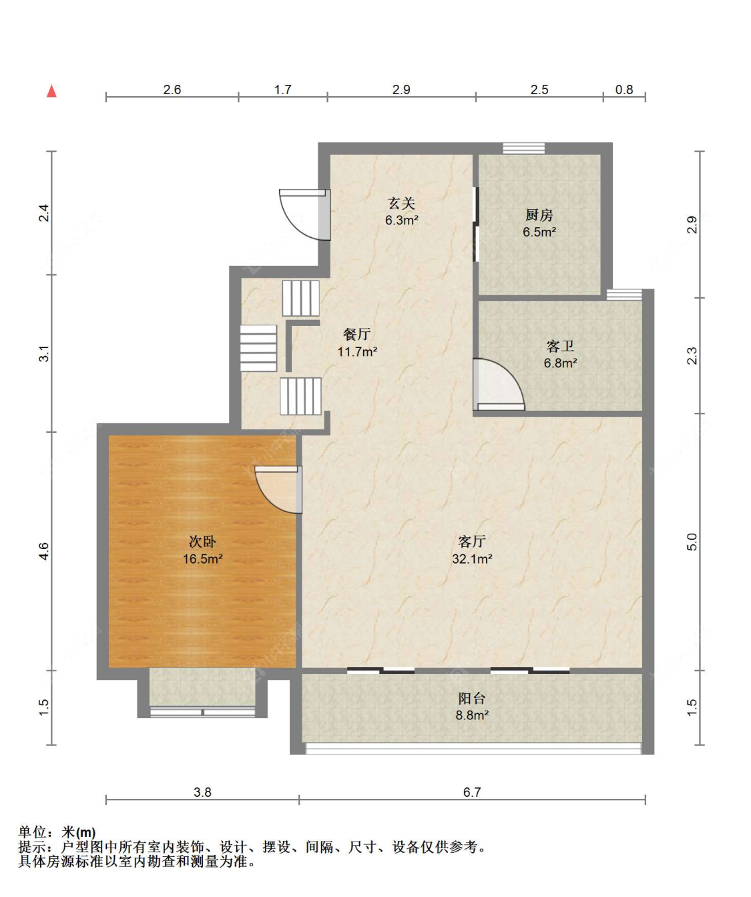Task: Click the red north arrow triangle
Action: [51, 91]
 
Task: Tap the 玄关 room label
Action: [401, 203]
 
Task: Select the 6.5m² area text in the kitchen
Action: [539, 232]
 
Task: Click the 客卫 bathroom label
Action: [560, 346]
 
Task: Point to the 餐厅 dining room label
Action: [357, 334]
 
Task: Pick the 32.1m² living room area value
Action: [472, 558]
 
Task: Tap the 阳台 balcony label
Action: [471, 698]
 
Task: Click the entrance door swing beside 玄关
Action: [304, 215]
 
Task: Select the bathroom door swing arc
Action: [499, 384]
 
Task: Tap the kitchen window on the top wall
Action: [524, 148]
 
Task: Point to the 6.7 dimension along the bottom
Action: [472, 791]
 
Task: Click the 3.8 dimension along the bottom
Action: [202, 791]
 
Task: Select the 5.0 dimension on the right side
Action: [692, 542]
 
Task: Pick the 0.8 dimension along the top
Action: [624, 89]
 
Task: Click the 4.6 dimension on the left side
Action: [44, 551]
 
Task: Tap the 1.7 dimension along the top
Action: [282, 89]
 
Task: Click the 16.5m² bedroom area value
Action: [203, 558]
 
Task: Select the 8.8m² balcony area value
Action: [472, 715]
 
